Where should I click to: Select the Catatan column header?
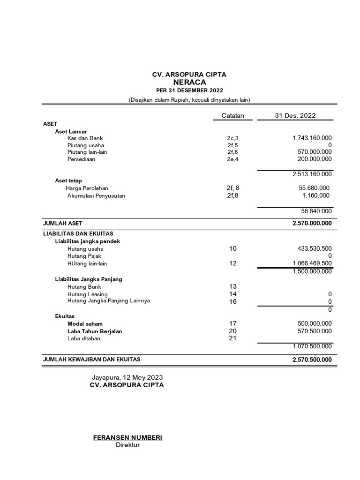pos(232,116)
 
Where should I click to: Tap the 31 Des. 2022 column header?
pos(295,116)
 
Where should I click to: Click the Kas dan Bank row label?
pos(85,138)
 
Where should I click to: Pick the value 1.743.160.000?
pos(312,138)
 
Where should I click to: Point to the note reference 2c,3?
pos(232,138)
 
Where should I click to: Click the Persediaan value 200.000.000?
pos(315,159)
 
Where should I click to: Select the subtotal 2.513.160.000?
pos(312,174)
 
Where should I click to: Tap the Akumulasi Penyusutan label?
pos(96,195)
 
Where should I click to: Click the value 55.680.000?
pos(314,187)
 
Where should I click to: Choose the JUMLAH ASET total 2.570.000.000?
pos(312,224)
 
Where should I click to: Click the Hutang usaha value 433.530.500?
pos(315,248)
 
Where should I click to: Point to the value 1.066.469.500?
pos(312,263)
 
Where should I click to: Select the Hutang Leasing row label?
pos(87,294)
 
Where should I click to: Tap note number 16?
pos(233,302)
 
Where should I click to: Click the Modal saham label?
pos(85,323)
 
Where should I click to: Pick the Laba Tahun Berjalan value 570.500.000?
pos(315,331)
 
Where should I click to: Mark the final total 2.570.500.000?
pos(312,360)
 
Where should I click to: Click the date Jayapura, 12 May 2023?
pos(127,377)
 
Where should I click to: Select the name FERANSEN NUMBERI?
pos(128,437)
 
